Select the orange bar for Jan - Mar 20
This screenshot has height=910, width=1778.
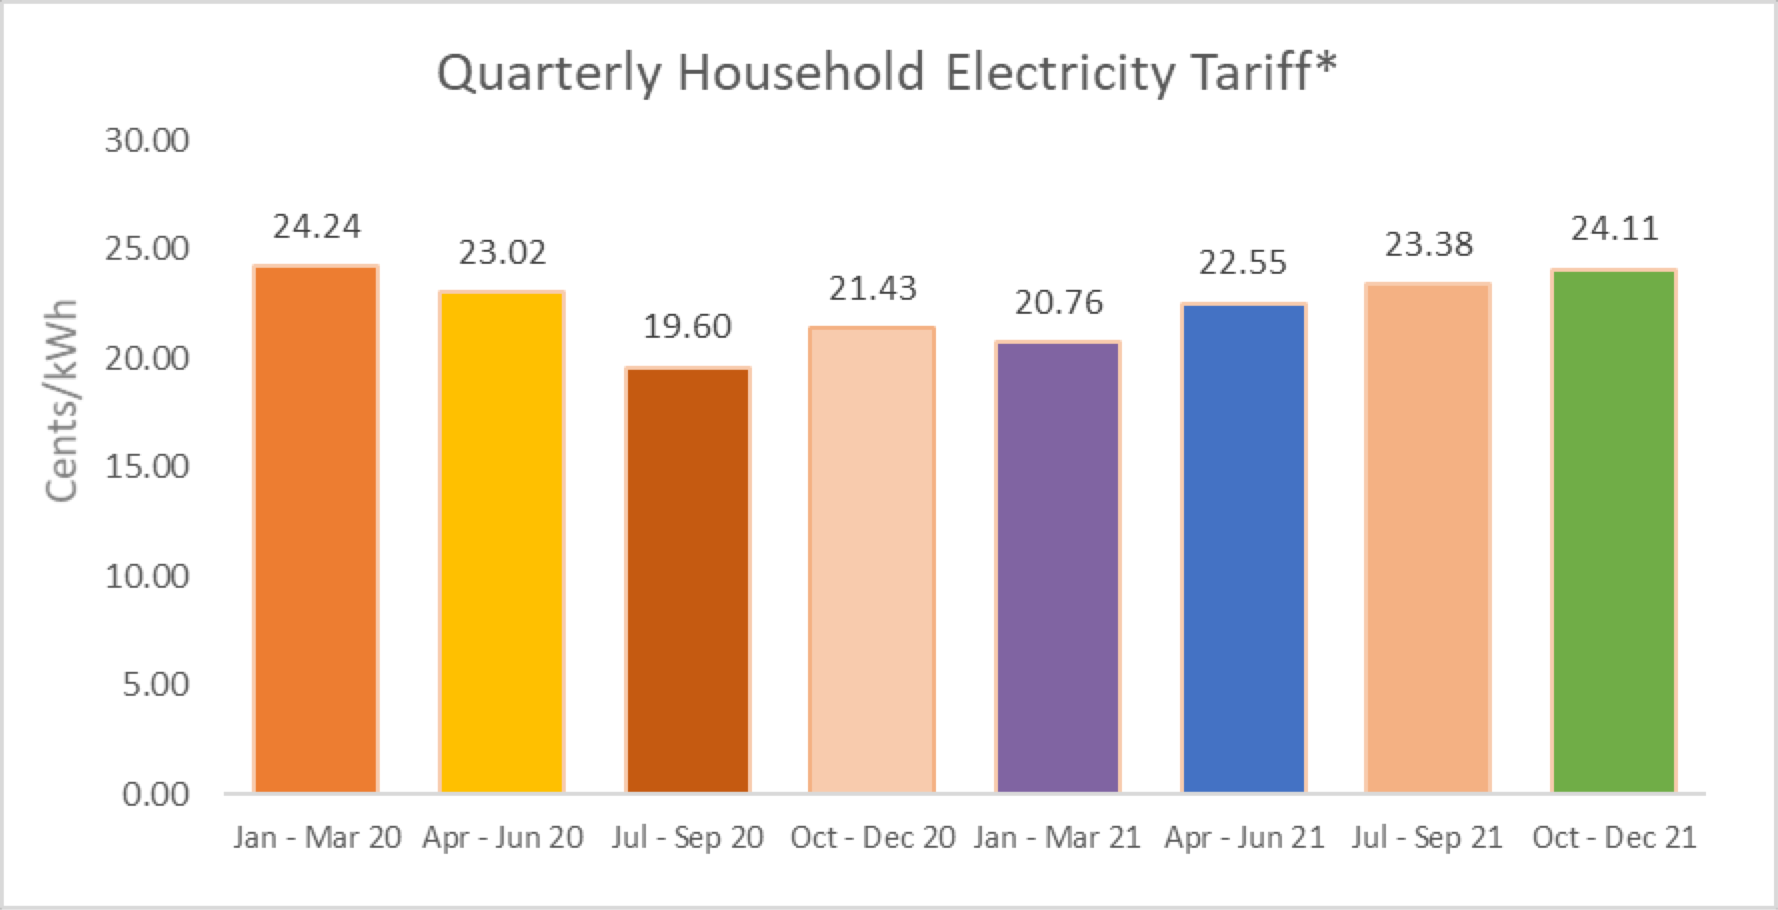(316, 530)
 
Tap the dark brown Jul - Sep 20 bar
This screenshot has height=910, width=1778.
(688, 581)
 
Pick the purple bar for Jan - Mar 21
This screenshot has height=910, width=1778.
(1058, 568)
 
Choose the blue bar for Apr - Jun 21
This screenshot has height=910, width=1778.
(1243, 549)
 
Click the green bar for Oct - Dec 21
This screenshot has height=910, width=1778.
(1614, 532)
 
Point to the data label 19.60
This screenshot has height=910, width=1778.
(687, 327)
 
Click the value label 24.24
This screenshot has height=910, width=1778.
(316, 227)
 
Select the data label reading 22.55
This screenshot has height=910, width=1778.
(1242, 263)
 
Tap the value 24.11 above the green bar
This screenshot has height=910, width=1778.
(1614, 229)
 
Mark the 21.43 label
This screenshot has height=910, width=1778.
(872, 289)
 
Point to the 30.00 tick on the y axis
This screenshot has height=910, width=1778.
(147, 140)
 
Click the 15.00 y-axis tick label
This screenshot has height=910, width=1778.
(147, 467)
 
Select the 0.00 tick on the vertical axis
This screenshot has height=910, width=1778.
(156, 795)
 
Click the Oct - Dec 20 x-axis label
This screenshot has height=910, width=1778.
(872, 837)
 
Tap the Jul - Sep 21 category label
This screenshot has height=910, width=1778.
(1427, 837)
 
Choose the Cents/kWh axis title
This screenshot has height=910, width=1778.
(62, 400)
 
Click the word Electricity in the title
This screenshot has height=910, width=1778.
(1060, 74)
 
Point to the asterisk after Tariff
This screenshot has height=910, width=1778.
(1325, 66)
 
